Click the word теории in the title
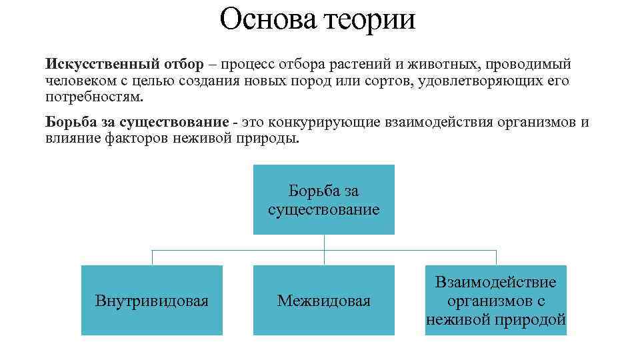[x=370, y=19]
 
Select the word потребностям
[x=94, y=97]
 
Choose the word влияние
[x=70, y=139]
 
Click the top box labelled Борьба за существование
[x=323, y=200]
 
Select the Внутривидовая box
[x=152, y=300]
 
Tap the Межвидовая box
[x=323, y=300]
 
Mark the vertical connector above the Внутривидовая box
[x=152, y=257]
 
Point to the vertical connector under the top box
[x=324, y=243]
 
